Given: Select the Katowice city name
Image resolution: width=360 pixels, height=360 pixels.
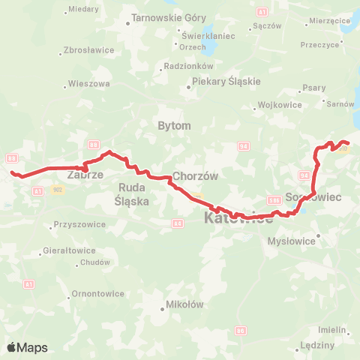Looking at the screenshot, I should click(238, 218).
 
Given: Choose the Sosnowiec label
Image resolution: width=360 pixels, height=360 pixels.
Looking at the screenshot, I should click(314, 196).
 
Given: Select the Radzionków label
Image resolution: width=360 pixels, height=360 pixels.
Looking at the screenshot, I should click(183, 65).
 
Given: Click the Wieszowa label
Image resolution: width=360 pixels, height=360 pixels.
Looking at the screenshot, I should click(89, 83).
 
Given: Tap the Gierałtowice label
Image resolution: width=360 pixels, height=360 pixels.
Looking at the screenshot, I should click(69, 250).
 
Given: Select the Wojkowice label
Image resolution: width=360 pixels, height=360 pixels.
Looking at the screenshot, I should click(279, 105).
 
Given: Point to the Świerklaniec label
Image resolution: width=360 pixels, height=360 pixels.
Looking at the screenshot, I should click(209, 35).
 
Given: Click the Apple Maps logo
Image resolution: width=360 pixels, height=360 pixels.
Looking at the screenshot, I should click(27, 347).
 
